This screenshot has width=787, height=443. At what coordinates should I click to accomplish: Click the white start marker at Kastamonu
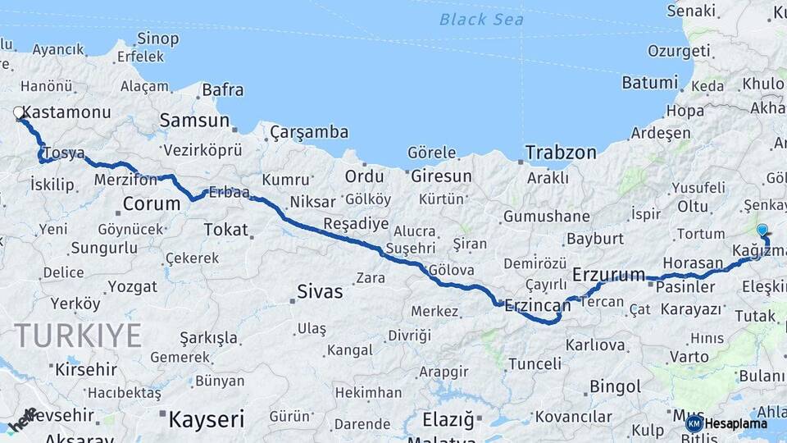[x=19, y=112]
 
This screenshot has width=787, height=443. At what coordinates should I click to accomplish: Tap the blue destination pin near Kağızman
[x=762, y=231]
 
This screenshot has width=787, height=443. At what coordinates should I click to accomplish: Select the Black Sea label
[x=481, y=19]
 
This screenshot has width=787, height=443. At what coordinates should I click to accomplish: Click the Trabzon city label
[x=561, y=153]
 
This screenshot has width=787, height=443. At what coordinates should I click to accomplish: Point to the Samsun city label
[x=194, y=121]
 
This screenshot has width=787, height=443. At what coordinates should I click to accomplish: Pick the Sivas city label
[x=320, y=290]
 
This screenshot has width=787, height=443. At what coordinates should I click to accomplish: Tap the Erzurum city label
[x=609, y=274]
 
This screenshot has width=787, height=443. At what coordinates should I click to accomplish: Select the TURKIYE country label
[x=78, y=335]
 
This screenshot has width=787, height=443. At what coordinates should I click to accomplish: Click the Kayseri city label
[x=206, y=420]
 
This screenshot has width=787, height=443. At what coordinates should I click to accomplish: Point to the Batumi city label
[x=649, y=83]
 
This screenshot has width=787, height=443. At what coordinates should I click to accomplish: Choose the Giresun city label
[x=441, y=176]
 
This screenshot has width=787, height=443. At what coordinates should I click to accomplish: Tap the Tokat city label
[x=225, y=230]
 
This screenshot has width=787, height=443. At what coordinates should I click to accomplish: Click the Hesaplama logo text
[x=735, y=423]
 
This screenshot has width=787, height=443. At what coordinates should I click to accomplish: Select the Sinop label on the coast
[x=157, y=39]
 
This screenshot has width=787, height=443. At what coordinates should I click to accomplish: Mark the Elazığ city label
[x=448, y=420]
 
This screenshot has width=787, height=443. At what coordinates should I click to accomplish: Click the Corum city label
[x=152, y=203]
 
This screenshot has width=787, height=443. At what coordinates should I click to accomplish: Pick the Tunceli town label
[x=535, y=363]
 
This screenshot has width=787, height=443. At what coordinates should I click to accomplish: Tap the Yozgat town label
[x=132, y=286]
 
